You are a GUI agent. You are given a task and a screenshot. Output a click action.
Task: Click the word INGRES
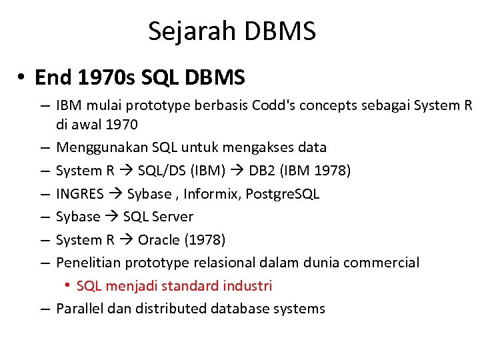[x=80, y=194]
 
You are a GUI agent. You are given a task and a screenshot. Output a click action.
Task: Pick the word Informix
[x=223, y=194]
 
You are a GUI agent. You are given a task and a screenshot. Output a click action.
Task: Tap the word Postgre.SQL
[x=288, y=194]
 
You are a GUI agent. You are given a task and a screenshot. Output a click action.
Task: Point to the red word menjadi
[x=129, y=286]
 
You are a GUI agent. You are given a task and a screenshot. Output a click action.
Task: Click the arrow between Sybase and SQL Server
[x=112, y=217]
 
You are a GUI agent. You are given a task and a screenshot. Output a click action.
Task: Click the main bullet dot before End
[x=22, y=79]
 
